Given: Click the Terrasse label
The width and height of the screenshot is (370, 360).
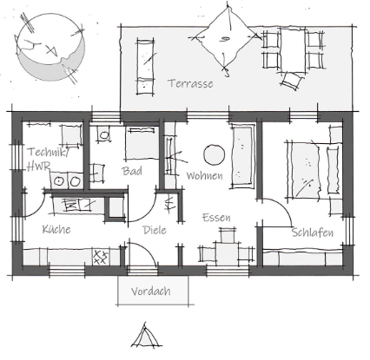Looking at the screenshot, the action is [x=190, y=83].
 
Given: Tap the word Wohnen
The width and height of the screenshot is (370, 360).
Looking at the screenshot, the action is [x=205, y=175].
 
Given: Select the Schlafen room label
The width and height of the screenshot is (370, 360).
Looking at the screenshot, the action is [x=313, y=232].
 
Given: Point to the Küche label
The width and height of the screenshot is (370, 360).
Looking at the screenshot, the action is [x=56, y=229].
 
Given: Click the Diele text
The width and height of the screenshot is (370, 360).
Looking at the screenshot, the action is [x=155, y=230].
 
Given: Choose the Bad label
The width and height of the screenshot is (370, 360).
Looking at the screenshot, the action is [x=132, y=171].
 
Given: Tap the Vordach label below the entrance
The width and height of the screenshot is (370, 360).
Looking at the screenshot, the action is [x=150, y=291].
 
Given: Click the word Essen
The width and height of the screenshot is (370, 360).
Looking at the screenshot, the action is [x=216, y=218].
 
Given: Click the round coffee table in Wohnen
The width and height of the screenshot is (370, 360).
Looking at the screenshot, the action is [x=215, y=154].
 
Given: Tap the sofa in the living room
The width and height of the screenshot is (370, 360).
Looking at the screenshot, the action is [x=243, y=156].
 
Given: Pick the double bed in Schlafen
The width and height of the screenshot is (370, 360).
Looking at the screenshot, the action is [x=314, y=170].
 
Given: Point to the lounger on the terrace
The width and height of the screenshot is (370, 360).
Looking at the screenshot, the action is [x=145, y=67].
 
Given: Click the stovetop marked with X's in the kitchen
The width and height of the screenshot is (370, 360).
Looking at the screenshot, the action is [x=101, y=257].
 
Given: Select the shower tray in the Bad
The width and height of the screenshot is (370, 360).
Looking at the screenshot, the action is [x=142, y=143].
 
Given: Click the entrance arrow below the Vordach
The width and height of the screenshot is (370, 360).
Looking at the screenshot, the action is [x=145, y=335].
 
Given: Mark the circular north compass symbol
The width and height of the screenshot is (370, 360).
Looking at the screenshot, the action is [x=50, y=47].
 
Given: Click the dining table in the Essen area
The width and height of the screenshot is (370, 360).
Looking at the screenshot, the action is [x=227, y=252].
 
